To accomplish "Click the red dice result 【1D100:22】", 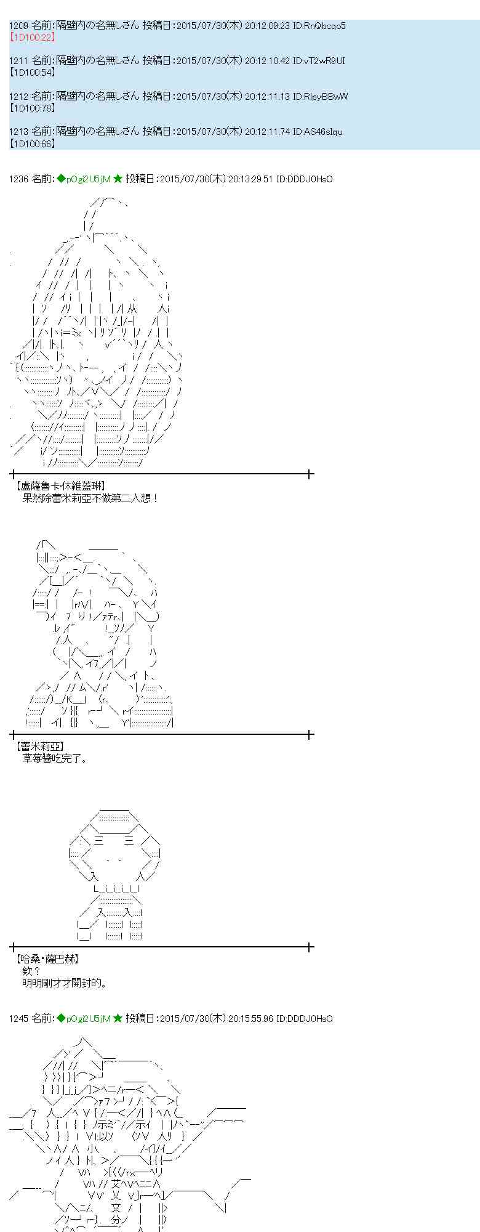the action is (33, 38).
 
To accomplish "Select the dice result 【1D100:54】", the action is (33, 73).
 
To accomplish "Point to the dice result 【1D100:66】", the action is (33, 144).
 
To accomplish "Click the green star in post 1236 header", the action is (118, 179).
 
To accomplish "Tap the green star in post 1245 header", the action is (118, 1019).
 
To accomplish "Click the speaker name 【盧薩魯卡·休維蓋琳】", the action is (61, 487).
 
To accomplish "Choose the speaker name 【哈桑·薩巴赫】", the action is (48, 959).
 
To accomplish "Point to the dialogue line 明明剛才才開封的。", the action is (65, 983).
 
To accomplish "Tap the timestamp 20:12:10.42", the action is (267, 61).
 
